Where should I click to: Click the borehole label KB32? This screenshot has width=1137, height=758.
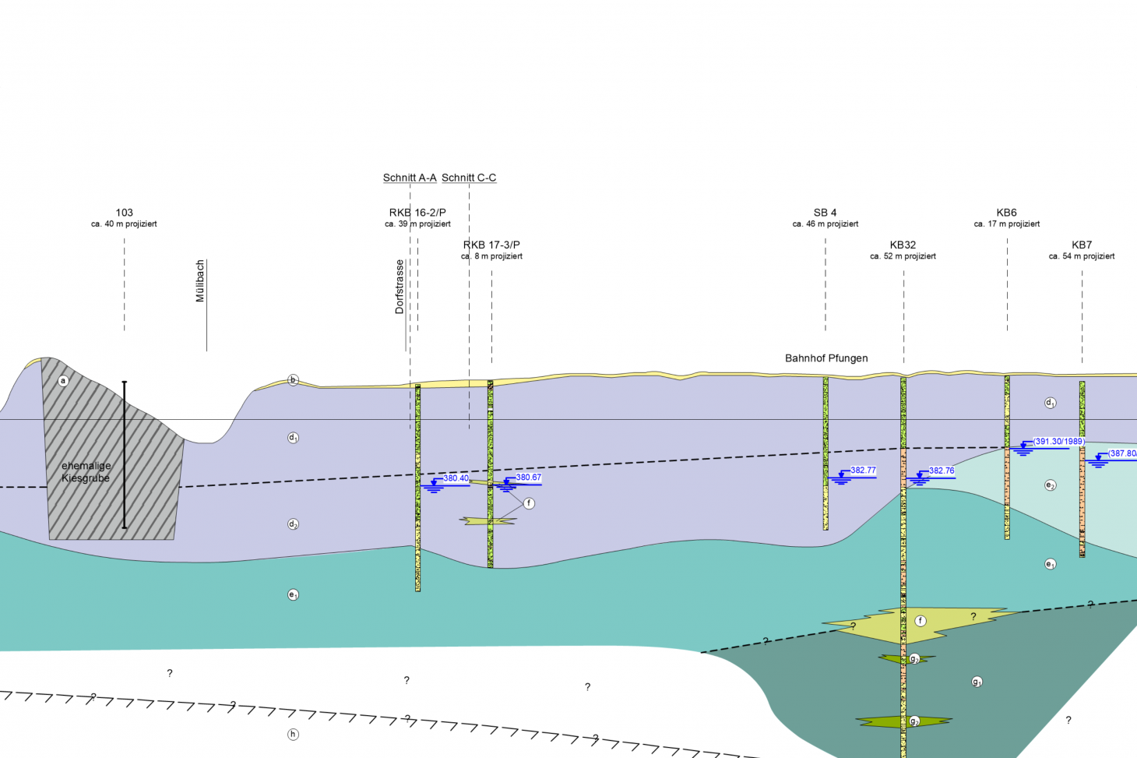tap(903, 245)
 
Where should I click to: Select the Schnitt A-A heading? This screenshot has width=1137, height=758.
tap(410, 178)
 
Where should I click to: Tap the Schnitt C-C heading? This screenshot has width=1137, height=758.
tap(469, 178)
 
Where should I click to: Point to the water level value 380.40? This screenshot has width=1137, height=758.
tap(456, 478)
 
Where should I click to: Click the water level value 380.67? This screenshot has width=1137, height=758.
tap(528, 478)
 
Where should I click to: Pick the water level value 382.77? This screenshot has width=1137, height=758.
tap(863, 471)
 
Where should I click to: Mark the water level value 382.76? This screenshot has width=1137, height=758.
tap(941, 471)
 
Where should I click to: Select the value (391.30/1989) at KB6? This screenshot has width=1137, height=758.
tap(1059, 442)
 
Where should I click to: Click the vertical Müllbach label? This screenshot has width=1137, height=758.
tap(200, 281)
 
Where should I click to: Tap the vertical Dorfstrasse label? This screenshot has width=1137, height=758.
tap(400, 287)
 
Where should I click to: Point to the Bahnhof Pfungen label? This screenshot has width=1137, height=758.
tap(826, 358)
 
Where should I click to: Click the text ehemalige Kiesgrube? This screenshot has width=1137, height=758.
tap(86, 472)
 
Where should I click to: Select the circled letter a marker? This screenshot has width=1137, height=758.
tap(64, 381)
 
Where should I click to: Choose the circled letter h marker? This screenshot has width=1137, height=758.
tap(294, 734)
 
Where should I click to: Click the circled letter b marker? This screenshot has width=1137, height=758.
tap(294, 380)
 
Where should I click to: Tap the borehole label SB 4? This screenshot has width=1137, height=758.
tap(825, 212)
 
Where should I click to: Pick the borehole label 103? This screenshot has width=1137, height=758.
tap(124, 212)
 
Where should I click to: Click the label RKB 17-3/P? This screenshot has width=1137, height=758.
tap(491, 245)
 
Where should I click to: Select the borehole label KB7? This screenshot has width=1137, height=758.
tap(1081, 245)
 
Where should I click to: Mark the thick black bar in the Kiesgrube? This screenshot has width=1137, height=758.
tap(124, 455)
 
